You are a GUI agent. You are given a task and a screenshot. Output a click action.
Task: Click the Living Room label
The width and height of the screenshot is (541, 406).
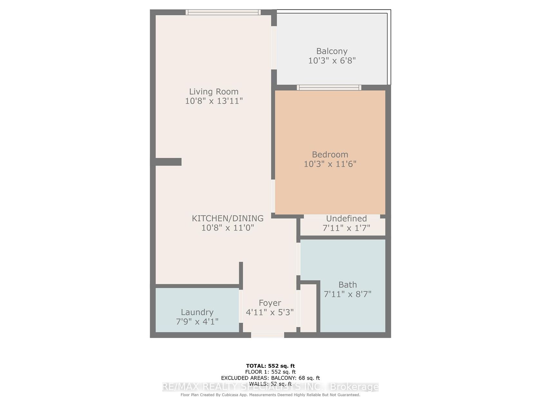[x=214, y=92]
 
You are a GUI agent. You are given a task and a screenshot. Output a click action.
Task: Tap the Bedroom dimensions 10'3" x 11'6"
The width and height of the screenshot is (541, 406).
[x=330, y=164]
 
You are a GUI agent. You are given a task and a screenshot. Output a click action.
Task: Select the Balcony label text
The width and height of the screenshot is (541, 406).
[x=332, y=51]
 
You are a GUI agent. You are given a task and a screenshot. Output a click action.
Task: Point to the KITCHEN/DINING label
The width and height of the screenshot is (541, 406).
[x=228, y=218]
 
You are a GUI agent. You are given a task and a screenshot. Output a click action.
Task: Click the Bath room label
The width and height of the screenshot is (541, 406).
[x=347, y=285]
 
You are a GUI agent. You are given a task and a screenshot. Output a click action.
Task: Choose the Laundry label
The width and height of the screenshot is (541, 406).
[x=197, y=312]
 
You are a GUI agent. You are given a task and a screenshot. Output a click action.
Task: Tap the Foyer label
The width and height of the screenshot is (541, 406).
[x=270, y=303]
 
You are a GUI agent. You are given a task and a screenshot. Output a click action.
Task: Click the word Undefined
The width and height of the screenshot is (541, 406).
[x=346, y=218]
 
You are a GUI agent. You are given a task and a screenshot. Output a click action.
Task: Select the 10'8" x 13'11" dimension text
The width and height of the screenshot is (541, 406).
[x=214, y=101]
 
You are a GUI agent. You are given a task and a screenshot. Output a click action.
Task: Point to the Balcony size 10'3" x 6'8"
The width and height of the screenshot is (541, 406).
[x=332, y=60]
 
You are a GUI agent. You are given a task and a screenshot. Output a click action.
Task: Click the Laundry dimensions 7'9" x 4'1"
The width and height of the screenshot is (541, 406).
[x=197, y=322]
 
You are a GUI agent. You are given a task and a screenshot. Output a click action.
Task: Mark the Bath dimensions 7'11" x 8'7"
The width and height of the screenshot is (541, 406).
[x=347, y=294]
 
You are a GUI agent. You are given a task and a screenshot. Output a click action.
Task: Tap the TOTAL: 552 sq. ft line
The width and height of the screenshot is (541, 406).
[x=270, y=366]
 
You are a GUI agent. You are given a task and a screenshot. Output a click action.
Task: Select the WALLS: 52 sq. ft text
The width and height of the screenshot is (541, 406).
[x=270, y=384]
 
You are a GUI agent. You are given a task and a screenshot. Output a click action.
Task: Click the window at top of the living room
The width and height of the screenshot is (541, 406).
[x=223, y=12]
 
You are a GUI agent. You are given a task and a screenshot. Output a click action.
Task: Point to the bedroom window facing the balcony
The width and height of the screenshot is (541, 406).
[x=329, y=88]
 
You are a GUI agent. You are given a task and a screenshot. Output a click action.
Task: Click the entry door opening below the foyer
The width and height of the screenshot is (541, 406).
[x=267, y=335]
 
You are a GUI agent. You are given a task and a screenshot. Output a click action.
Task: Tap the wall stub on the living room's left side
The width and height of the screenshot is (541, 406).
[x=166, y=162]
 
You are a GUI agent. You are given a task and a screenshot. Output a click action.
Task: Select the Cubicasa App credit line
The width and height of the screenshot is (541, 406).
[x=270, y=395]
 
